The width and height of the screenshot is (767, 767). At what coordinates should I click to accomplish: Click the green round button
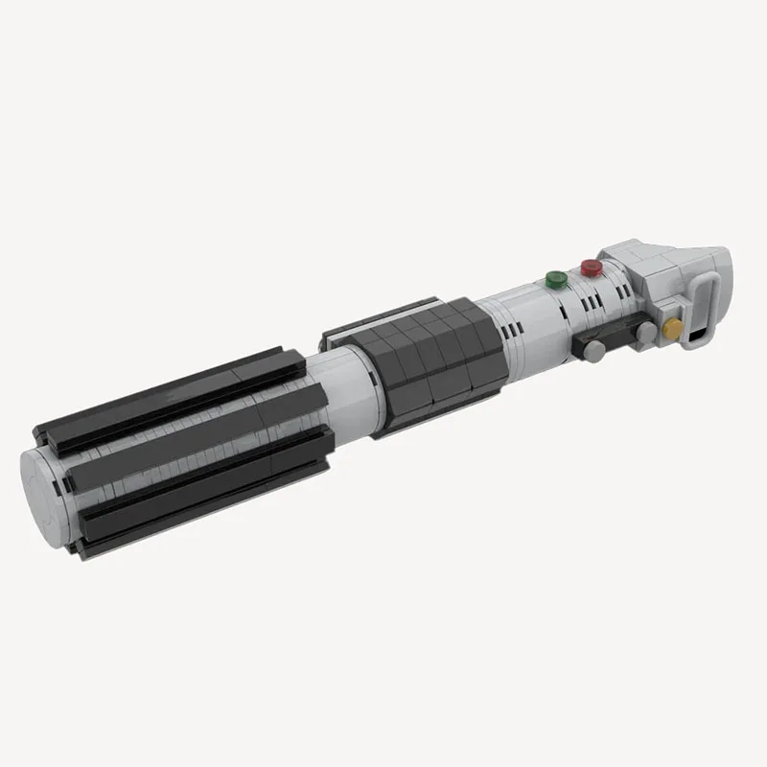[x=554, y=280]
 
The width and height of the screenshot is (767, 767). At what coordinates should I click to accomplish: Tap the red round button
[x=591, y=267]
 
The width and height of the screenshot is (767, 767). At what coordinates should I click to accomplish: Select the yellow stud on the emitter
[x=673, y=330]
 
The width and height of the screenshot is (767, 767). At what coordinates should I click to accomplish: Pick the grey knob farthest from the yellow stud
[x=594, y=351]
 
